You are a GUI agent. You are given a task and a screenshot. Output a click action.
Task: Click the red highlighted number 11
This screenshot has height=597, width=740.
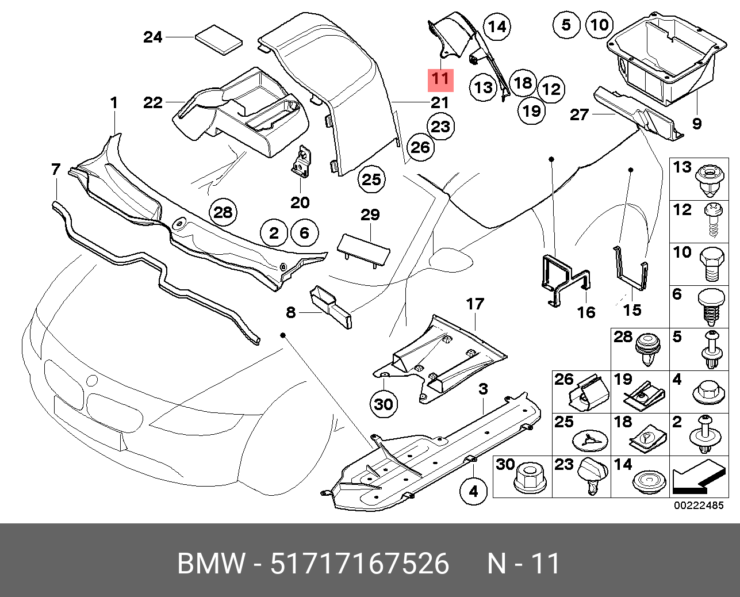(x=440, y=78)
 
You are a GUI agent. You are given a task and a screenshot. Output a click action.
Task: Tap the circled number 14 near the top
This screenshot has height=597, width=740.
(x=496, y=26)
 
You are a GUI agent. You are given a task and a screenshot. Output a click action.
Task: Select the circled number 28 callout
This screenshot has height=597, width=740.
(x=223, y=213)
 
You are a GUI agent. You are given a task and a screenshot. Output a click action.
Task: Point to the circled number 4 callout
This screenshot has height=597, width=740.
(x=473, y=491)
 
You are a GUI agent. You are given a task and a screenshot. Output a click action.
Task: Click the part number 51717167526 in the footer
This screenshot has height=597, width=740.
(x=359, y=564)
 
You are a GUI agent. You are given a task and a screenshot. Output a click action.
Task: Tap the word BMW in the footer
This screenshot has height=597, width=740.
(x=210, y=564)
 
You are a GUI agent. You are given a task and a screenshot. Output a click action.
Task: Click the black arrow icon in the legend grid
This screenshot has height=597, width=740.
(x=697, y=477)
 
